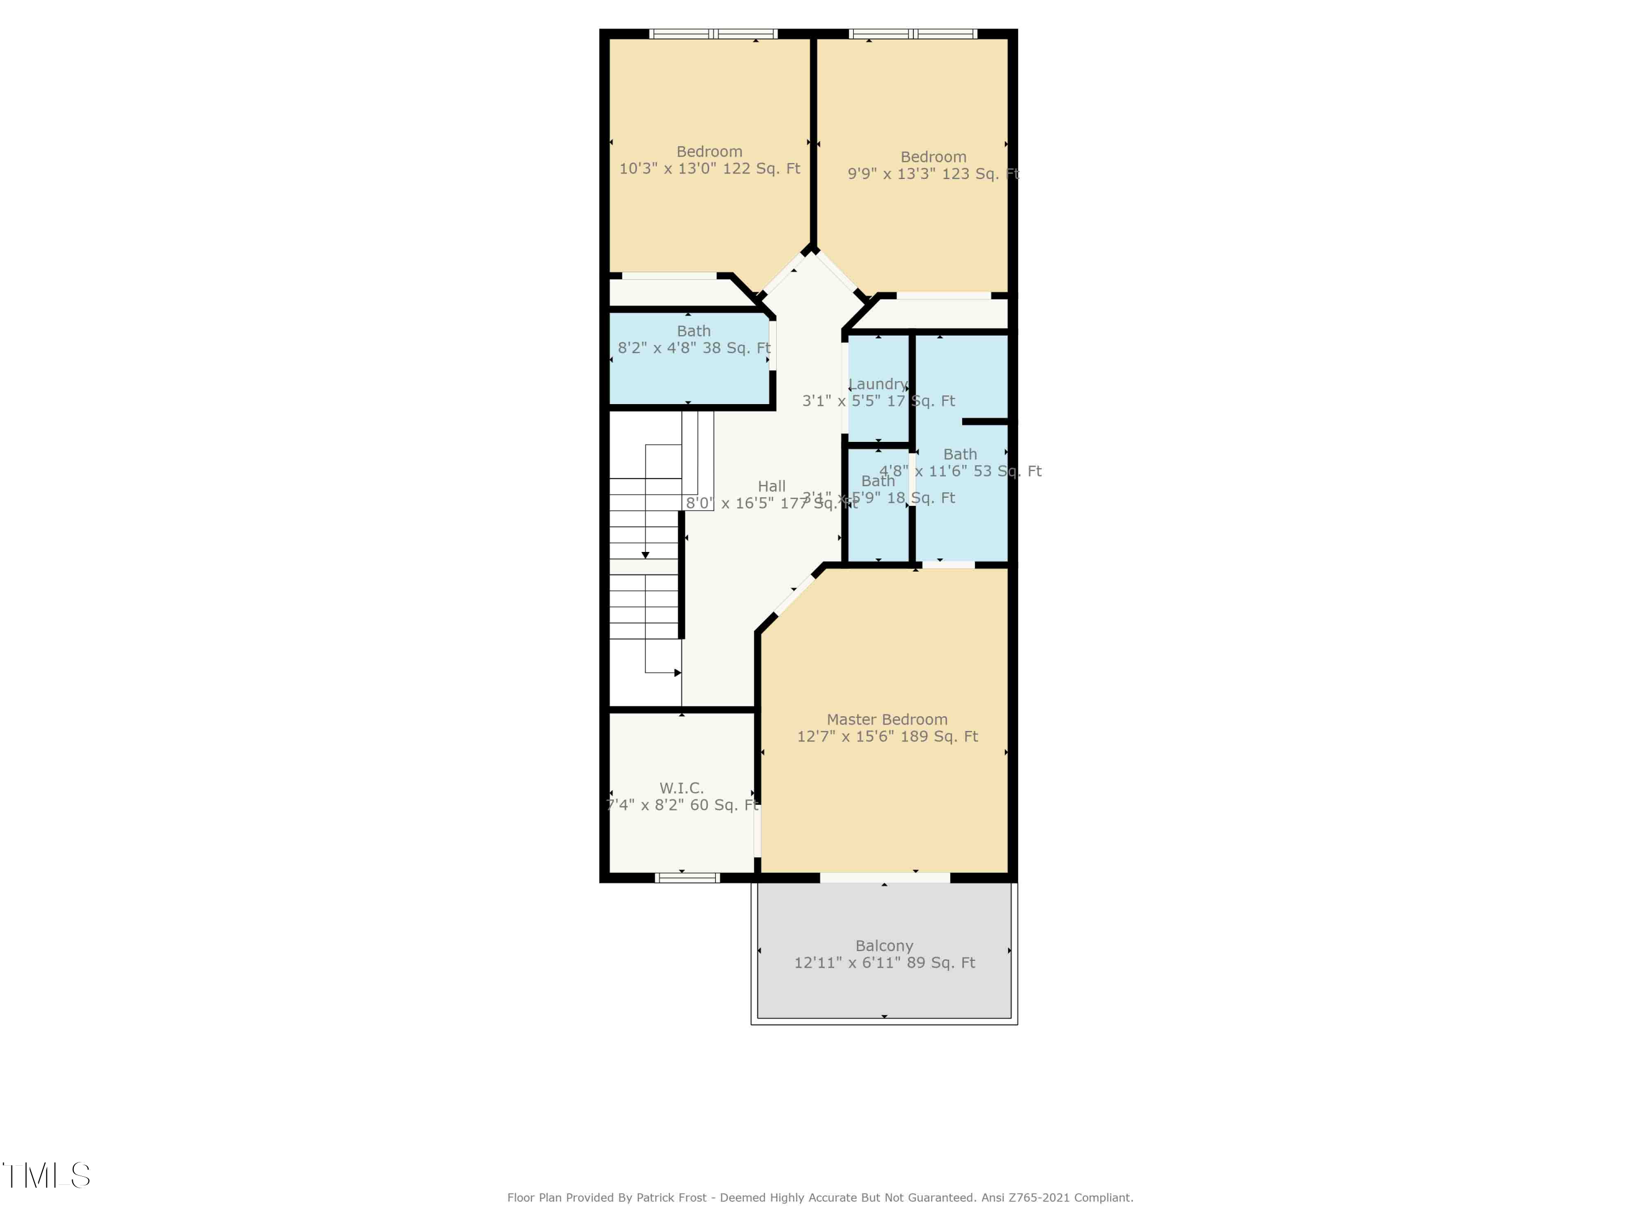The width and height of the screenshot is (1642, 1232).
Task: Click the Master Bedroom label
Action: click(x=887, y=719)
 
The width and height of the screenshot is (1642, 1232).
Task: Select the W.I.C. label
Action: click(x=681, y=788)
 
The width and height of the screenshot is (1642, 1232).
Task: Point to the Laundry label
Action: click(x=878, y=384)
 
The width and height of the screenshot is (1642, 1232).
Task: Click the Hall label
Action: click(x=771, y=486)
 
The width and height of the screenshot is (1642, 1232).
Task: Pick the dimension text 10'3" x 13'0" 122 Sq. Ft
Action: click(x=710, y=169)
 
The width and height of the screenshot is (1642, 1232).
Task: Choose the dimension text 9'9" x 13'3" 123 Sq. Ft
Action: click(x=933, y=174)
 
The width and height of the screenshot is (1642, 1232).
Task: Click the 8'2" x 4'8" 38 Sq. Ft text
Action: click(x=694, y=348)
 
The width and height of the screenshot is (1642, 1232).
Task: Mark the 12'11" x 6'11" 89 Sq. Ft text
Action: click(x=884, y=963)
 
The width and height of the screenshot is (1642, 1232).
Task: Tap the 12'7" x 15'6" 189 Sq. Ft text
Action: click(x=887, y=736)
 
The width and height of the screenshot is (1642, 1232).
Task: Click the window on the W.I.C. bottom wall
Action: click(x=687, y=878)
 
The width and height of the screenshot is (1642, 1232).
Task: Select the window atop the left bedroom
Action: click(x=713, y=33)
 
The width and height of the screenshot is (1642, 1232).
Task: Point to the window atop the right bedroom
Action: click(x=912, y=33)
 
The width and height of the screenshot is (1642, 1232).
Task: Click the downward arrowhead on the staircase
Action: click(x=645, y=555)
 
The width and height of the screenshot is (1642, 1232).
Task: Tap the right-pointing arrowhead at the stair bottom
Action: click(x=677, y=673)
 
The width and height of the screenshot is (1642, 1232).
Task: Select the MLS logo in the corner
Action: click(x=46, y=1176)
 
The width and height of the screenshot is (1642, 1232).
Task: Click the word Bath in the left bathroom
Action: click(x=693, y=331)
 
